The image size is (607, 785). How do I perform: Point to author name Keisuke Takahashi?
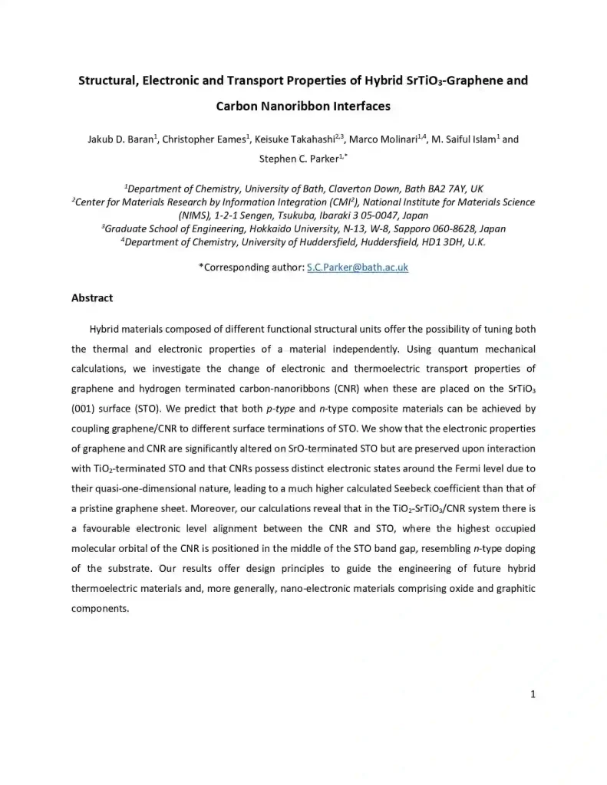pyautogui.click(x=297, y=140)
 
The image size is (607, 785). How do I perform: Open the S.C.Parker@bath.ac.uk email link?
pyautogui.click(x=357, y=268)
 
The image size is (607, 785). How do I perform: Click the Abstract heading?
pyautogui.click(x=92, y=297)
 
